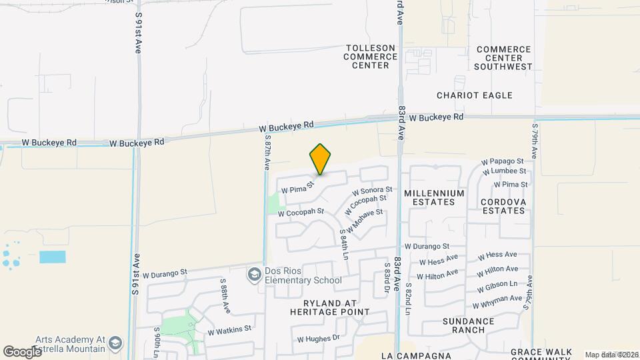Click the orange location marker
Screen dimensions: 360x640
(x=321, y=159)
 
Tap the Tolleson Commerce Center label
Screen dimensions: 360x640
(x=370, y=57)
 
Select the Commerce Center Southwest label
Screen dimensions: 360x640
(x=503, y=58)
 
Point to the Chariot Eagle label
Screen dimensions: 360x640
(x=475, y=95)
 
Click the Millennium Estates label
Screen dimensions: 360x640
(x=433, y=197)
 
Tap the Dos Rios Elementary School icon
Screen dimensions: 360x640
(x=254, y=275)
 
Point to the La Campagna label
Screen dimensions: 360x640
(x=407, y=355)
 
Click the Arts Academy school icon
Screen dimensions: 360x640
(x=115, y=343)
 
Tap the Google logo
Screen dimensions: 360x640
(x=23, y=351)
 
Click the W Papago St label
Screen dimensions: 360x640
(x=505, y=161)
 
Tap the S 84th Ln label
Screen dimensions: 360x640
(x=344, y=245)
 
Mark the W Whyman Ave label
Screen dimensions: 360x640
(x=497, y=302)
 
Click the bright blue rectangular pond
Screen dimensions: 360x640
(x=53, y=257)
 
